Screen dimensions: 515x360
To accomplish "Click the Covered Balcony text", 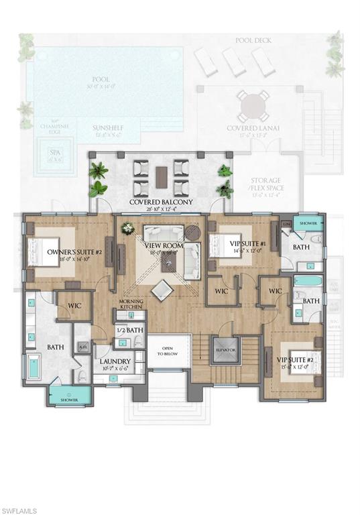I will [161, 202].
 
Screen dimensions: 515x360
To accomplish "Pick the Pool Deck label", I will [253, 40].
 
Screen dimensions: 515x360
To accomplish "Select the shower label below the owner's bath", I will [68, 400].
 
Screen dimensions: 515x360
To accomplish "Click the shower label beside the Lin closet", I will [308, 223].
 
